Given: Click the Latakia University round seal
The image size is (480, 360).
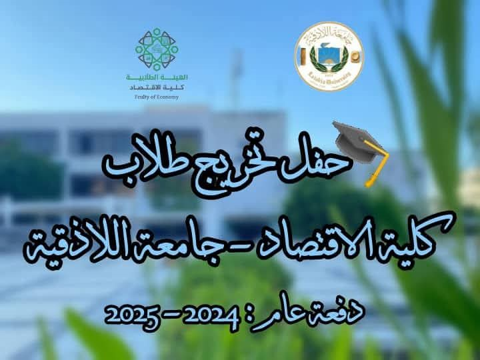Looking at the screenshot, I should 329,56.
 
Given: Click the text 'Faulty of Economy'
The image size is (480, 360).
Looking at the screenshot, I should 157,97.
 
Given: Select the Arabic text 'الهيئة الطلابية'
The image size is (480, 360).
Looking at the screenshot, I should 157,77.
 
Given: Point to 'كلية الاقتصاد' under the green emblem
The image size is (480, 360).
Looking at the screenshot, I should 157,87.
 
